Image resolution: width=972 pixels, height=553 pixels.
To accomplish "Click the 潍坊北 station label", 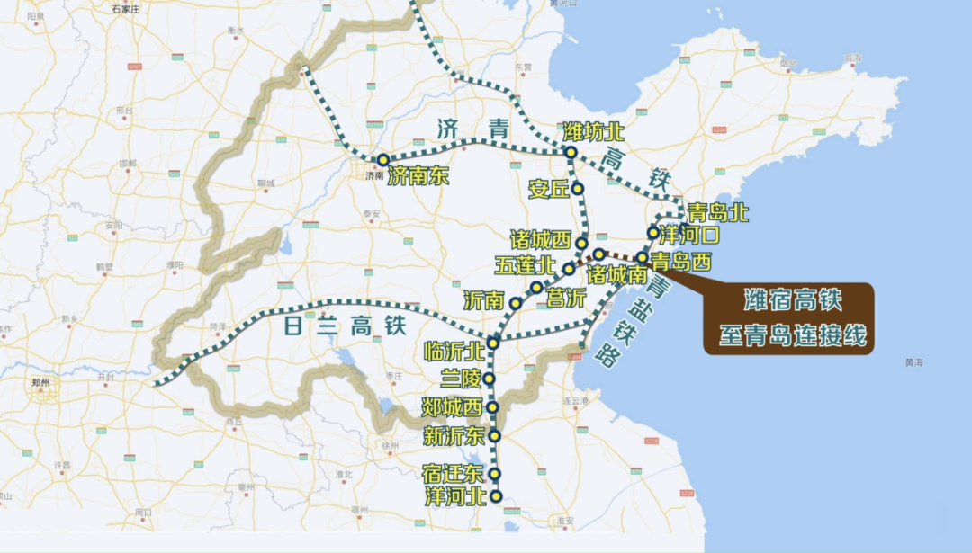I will coord(593,131).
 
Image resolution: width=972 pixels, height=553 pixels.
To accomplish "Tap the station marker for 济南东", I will coord(383,160).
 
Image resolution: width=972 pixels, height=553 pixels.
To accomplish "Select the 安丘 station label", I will coord(549,190).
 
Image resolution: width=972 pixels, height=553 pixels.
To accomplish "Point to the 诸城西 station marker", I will coord(582,244).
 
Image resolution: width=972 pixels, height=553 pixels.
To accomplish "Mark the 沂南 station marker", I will coord(516,304).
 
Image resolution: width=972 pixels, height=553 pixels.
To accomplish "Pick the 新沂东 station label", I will coord(454,438).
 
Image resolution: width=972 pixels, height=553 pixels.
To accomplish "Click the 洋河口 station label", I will coord(690,236).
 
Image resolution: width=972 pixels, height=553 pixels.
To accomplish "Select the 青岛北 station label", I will coord(717,213).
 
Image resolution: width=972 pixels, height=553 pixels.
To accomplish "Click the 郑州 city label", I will coord(41,381).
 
